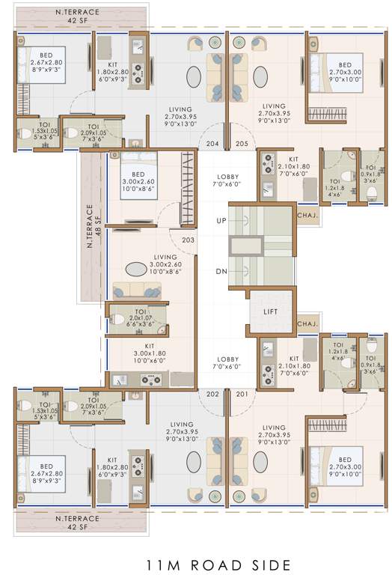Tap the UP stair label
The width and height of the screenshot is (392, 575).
(x=221, y=222)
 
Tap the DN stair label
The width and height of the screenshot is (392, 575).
(x=221, y=272)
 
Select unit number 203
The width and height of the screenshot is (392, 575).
(x=188, y=240)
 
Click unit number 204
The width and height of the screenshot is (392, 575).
(x=213, y=143)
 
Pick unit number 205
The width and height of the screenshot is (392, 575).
(x=241, y=143)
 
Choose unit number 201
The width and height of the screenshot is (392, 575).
(x=241, y=394)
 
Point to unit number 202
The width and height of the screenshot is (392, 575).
(x=213, y=394)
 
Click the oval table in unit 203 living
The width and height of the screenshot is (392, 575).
(x=135, y=270)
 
